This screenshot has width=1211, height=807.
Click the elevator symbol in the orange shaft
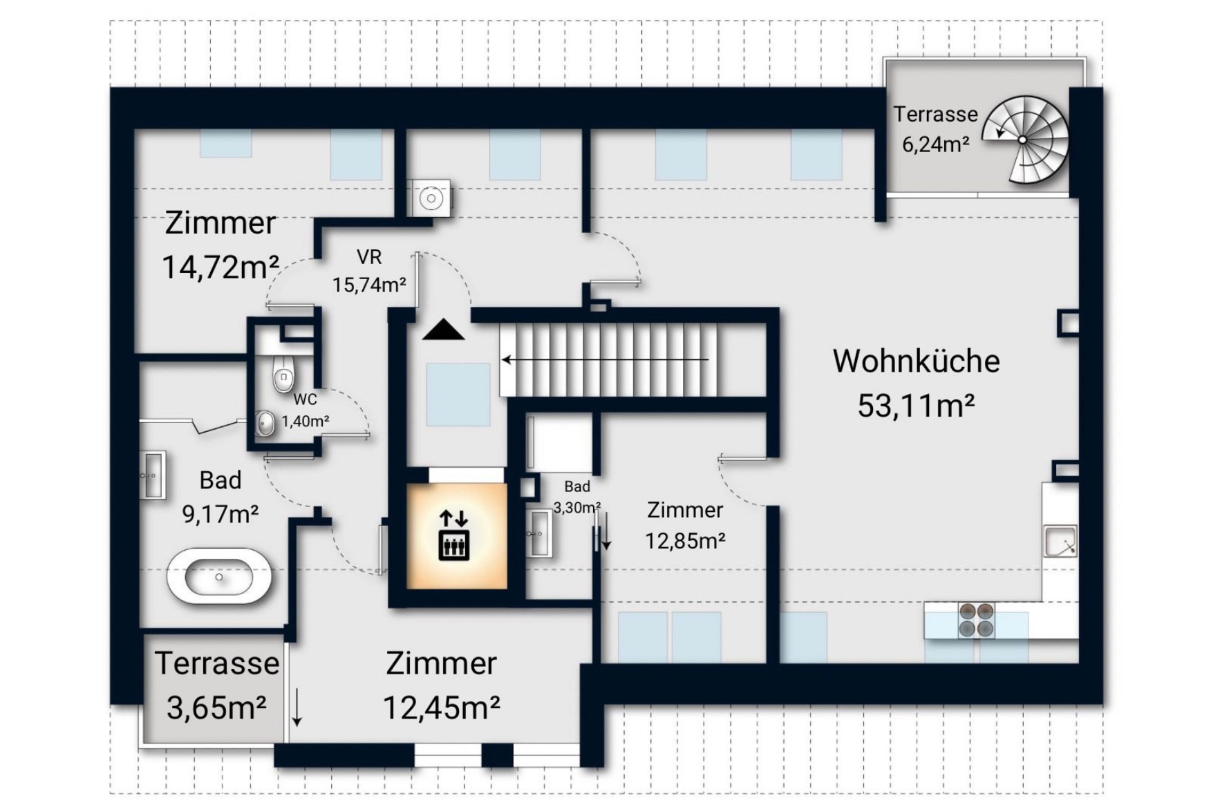pos(454,535)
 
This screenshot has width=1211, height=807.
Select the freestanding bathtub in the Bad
pos(219,576)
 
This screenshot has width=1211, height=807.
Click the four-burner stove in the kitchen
pos(976,620)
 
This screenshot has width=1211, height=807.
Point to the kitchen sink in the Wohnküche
pos(1060,541)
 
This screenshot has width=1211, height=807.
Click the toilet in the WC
pos(283,374)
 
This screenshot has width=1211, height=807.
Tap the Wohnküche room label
pos(916,361)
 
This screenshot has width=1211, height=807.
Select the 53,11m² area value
pos(916,406)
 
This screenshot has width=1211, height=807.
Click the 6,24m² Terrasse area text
pos(935,144)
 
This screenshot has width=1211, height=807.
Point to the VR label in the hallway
pos(369,257)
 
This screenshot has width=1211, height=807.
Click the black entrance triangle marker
pos(444,330)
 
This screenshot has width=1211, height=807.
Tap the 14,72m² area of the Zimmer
pos(220,267)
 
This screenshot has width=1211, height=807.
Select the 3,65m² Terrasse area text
pos(216,708)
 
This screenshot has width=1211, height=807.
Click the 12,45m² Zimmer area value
pos(441,708)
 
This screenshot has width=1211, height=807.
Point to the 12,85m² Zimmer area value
pos(685,540)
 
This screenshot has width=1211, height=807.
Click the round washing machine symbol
pos(431,199)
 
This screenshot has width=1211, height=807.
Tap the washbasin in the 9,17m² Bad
pos(153,475)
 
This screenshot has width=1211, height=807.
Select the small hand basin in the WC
pos(265,423)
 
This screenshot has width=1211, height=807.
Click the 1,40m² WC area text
pos(306,421)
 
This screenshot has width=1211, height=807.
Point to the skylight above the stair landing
pos(458,395)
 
